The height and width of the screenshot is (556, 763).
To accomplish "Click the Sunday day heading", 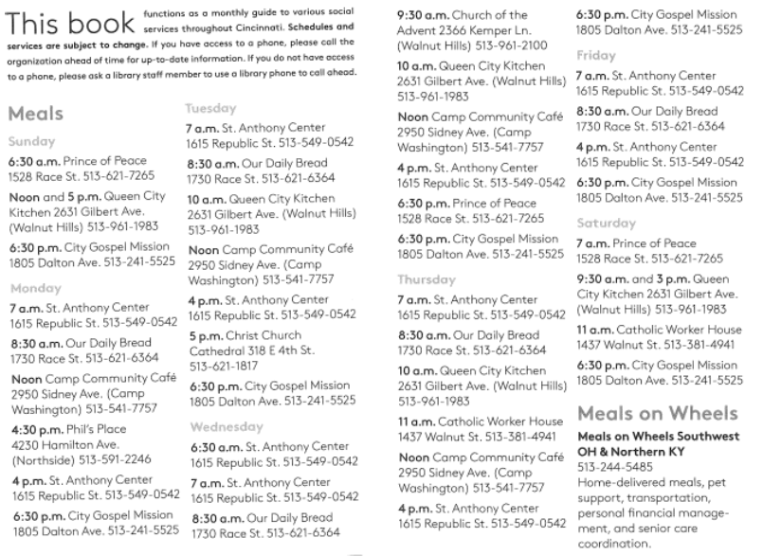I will (31, 139).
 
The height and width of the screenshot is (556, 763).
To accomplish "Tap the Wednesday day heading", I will (220, 425).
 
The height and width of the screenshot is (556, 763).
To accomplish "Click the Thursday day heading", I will (427, 280).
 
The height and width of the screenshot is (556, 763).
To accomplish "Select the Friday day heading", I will (596, 56).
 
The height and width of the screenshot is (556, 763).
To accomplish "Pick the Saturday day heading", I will (605, 223).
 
